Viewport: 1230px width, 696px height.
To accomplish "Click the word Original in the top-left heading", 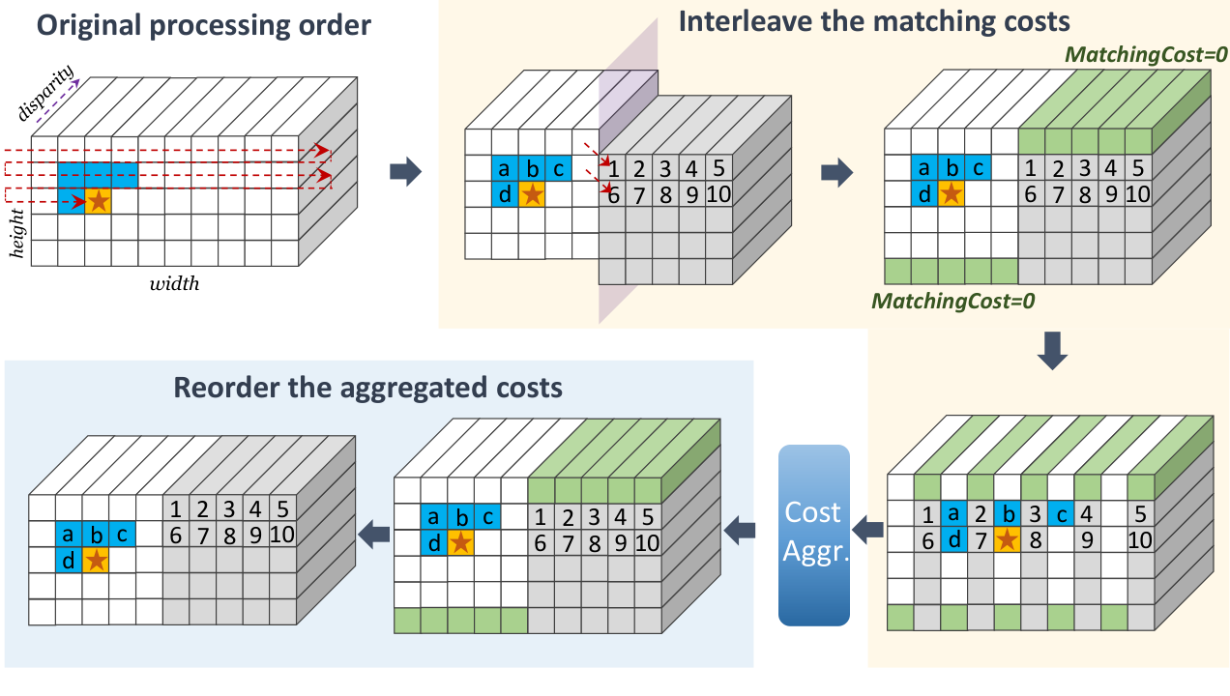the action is click(x=88, y=26).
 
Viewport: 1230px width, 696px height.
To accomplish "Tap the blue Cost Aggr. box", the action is click(x=814, y=536).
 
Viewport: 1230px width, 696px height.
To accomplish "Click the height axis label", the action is click(x=17, y=233).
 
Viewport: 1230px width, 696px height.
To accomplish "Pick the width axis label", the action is click(x=174, y=284).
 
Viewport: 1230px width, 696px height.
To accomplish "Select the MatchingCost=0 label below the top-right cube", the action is click(x=953, y=301).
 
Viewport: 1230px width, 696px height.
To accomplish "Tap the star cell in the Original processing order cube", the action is click(x=98, y=201).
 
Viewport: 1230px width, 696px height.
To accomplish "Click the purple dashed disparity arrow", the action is click(x=58, y=101).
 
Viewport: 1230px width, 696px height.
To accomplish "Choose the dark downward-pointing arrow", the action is click(x=1052, y=351).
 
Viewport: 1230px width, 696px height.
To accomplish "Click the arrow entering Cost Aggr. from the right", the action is click(x=867, y=531).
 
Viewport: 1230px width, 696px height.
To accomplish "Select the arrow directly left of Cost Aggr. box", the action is click(x=740, y=531).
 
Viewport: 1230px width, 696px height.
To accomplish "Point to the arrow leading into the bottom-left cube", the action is click(x=374, y=534).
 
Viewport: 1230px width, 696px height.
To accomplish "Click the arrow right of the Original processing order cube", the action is click(x=405, y=172).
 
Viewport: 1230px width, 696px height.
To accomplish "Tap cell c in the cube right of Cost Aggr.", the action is click(x=1061, y=513).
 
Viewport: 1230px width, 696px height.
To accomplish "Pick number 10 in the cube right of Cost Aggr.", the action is click(x=1140, y=540).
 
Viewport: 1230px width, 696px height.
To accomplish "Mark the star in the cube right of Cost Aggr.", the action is click(x=1007, y=539).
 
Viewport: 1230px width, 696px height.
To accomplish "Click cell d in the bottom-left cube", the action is click(x=69, y=561).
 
